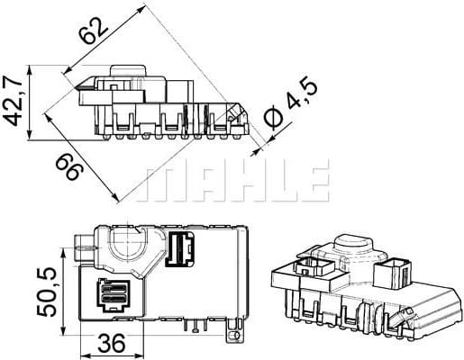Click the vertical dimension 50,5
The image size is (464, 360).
[x=45, y=289]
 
